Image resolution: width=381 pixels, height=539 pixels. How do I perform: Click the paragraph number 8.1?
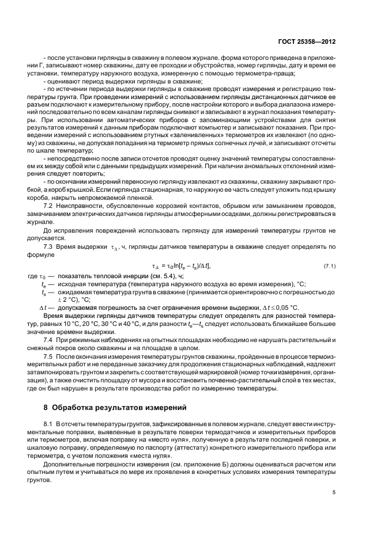pyautogui.click(x=50, y=424)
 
